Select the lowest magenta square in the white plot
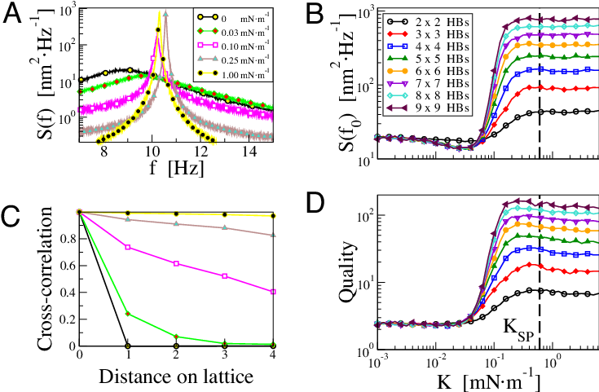[273, 291]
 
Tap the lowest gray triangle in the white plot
[273, 235]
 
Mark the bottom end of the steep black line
[128, 346]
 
